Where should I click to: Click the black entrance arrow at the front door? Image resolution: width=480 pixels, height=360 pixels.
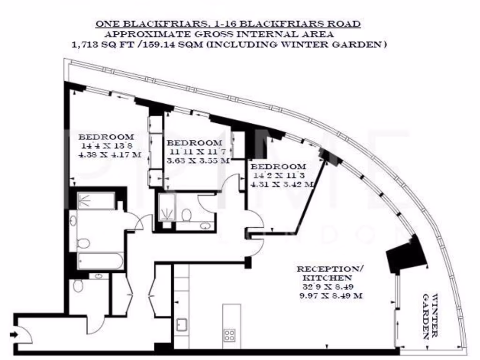(15, 334)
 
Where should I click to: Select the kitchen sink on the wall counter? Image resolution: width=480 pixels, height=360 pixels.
(181, 324)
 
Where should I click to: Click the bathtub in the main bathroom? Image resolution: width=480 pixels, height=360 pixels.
(100, 261)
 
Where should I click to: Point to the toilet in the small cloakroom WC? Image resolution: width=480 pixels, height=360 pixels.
(78, 285)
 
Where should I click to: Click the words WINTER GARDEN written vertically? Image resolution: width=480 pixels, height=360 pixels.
(430, 316)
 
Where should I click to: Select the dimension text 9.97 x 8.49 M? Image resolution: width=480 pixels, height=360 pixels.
(330, 296)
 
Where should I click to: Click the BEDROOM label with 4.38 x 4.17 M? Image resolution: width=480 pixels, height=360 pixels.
(106, 137)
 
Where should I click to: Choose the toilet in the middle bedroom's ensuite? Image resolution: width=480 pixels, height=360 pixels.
(187, 215)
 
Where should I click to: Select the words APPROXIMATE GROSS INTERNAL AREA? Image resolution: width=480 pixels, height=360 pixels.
(219, 34)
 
